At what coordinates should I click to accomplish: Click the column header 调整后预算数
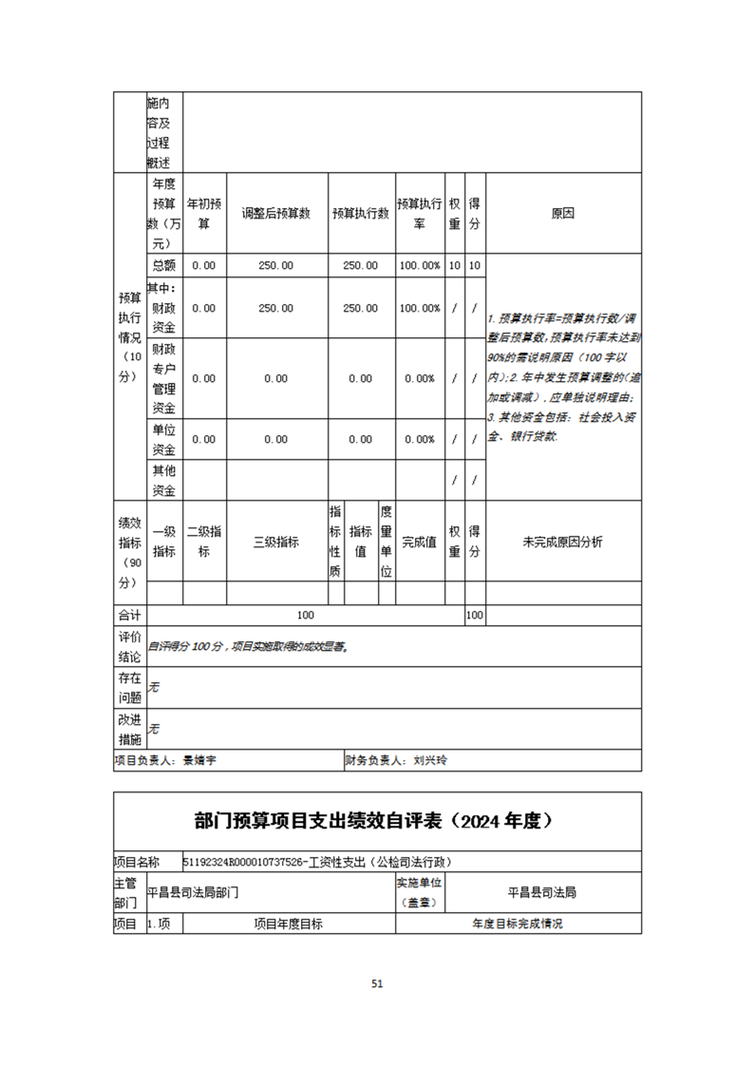pyautogui.click(x=275, y=214)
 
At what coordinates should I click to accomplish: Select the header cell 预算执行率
pyautogui.click(x=419, y=214)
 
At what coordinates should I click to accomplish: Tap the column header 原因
pyautogui.click(x=563, y=214)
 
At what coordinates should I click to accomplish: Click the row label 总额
pyautogui.click(x=163, y=266)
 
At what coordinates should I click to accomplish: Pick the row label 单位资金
pyautogui.click(x=163, y=440)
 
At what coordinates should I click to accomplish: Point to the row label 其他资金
pyautogui.click(x=163, y=481)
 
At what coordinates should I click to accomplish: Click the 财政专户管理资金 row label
pyautogui.click(x=163, y=378)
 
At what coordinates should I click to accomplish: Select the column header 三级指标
pyautogui.click(x=275, y=543)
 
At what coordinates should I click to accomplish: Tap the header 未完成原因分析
pyautogui.click(x=563, y=543)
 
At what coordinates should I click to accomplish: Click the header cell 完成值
pyautogui.click(x=419, y=543)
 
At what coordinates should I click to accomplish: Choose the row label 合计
pyautogui.click(x=128, y=616)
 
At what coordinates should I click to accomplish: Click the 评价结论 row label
pyautogui.click(x=129, y=646)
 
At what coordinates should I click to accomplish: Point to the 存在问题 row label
pyautogui.click(x=129, y=688)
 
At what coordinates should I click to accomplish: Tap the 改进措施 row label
pyautogui.click(x=129, y=730)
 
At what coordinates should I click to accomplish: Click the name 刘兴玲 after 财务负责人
pyautogui.click(x=430, y=760)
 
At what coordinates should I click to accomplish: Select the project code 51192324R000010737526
pyautogui.click(x=242, y=863)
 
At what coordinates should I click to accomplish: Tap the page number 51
pyautogui.click(x=377, y=984)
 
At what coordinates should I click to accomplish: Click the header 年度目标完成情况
pyautogui.click(x=518, y=923)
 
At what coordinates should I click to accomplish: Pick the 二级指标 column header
pyautogui.click(x=204, y=543)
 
